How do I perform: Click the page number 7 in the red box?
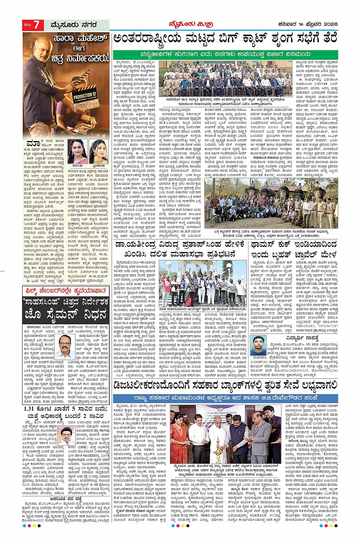pyautogui.click(x=36, y=25)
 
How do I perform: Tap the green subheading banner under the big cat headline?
pyautogui.click(x=225, y=55)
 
